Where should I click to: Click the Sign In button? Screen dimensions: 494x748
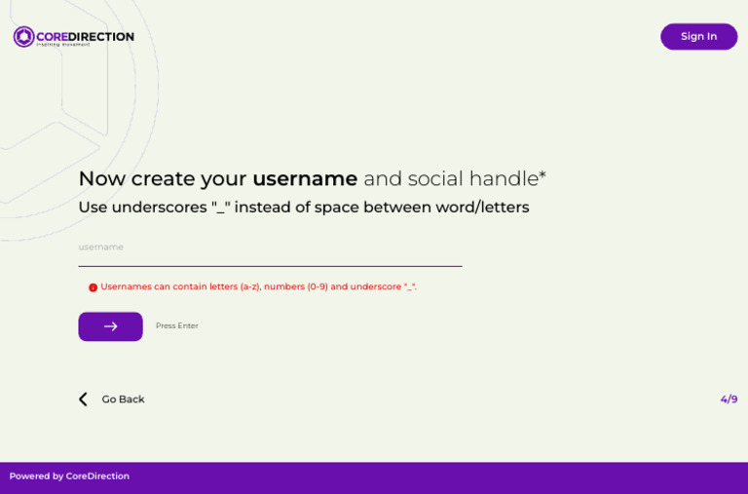(x=698, y=37)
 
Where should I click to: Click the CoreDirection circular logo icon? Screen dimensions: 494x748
(x=23, y=37)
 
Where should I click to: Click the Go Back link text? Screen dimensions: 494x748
(x=123, y=399)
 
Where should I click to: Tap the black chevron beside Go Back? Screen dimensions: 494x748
(x=83, y=399)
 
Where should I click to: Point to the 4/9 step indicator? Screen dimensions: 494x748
(x=729, y=399)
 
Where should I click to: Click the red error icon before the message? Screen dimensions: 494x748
(x=93, y=287)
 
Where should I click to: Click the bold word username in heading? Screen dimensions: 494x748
(x=305, y=179)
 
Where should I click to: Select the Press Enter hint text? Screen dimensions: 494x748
(x=177, y=326)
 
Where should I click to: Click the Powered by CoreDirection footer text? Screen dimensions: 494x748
(x=69, y=476)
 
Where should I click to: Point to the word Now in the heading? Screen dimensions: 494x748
(x=101, y=179)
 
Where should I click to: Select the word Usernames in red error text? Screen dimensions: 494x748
(x=125, y=287)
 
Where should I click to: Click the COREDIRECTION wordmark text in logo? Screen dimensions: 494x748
(x=85, y=37)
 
